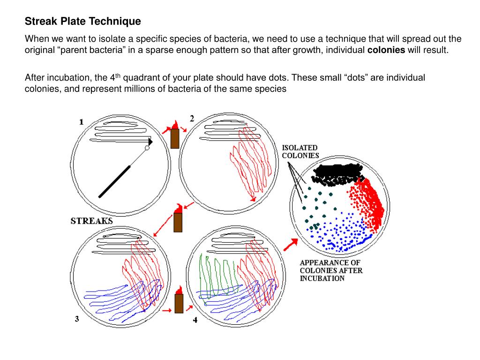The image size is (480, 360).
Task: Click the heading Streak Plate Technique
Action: point(82,22)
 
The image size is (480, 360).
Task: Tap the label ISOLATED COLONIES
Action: point(300,151)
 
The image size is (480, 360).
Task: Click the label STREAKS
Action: point(91,220)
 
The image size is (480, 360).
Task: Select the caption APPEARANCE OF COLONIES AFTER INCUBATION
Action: point(330,270)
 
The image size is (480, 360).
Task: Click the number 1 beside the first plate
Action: point(81,122)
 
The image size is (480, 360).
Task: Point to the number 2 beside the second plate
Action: point(192,119)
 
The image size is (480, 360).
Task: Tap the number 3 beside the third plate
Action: point(76,319)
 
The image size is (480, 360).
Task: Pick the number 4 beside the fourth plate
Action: point(195,320)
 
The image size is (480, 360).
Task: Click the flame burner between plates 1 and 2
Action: point(175,135)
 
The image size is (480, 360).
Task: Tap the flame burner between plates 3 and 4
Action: point(178,301)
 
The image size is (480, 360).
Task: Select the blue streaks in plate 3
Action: point(115,298)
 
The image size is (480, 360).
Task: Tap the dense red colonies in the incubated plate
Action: point(370,202)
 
